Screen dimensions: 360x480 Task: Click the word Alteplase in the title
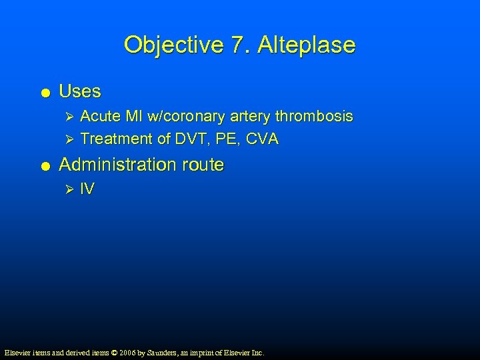pos(307,45)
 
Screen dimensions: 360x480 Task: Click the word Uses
pos(80,91)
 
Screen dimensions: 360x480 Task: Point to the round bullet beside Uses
pos(44,92)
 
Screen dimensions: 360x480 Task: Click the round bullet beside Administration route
pos(44,165)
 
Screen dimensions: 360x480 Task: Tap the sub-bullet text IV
pos(87,189)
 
